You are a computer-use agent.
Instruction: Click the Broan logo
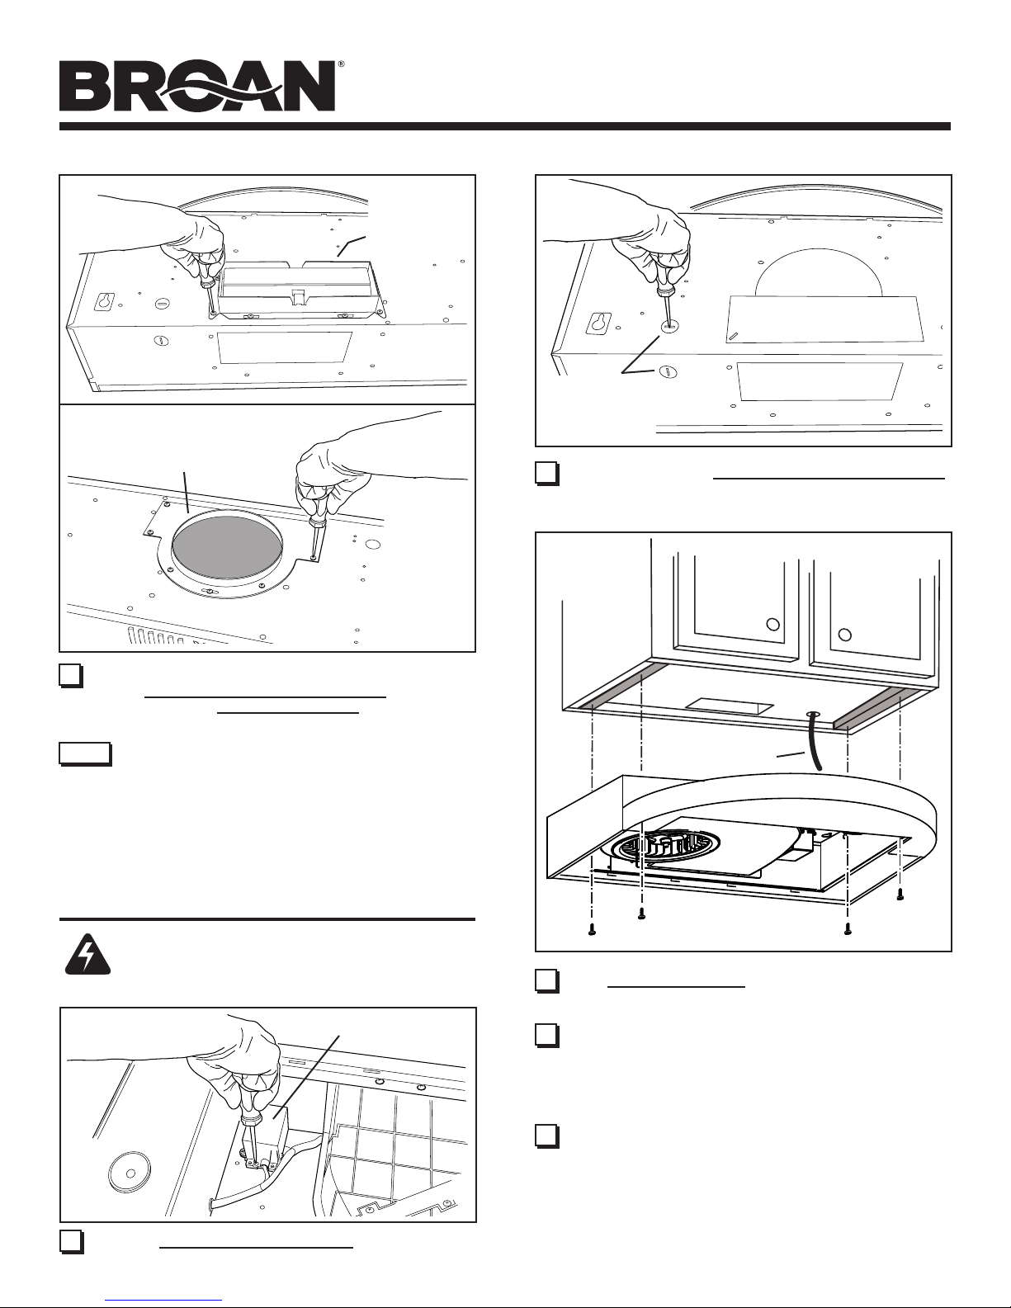coord(196,86)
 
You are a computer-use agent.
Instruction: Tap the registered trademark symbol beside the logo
coord(341,64)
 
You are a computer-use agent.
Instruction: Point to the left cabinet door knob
coord(772,624)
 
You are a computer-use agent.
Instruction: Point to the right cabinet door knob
coord(845,635)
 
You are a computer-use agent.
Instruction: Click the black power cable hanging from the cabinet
coord(815,739)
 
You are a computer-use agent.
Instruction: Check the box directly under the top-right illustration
coord(546,474)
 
